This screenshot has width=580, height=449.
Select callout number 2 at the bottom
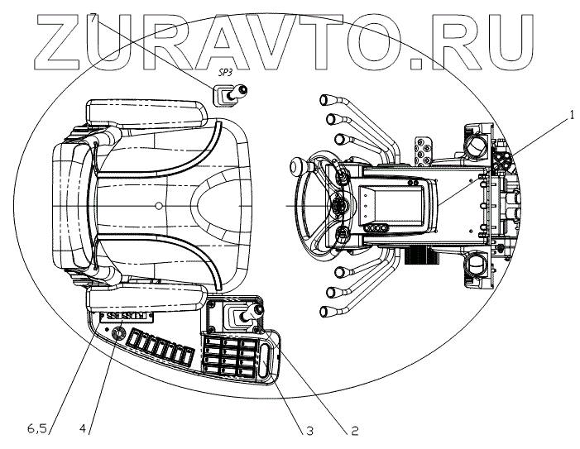(353, 430)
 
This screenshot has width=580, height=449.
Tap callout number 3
(309, 430)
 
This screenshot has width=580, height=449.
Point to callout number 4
(83, 428)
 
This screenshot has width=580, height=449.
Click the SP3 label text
(224, 73)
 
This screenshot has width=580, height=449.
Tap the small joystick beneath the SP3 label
(226, 96)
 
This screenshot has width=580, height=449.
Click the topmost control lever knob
(324, 98)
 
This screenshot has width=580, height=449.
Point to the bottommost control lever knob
(324, 312)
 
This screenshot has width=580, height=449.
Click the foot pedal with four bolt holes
(426, 149)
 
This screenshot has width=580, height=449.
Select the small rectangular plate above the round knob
(122, 316)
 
